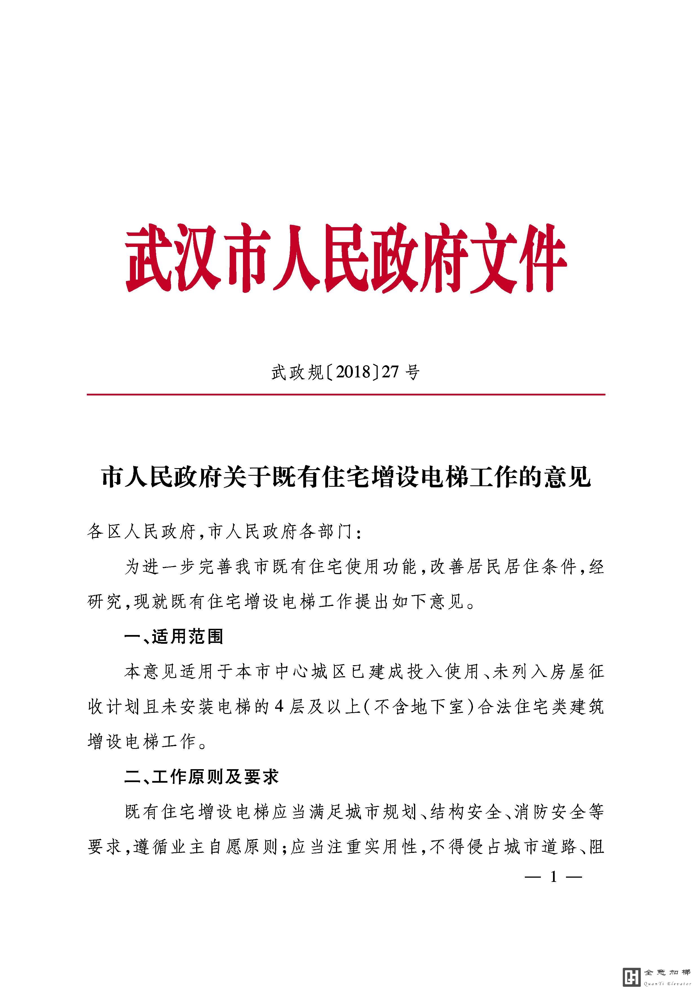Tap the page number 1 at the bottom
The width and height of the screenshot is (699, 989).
point(554,876)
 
